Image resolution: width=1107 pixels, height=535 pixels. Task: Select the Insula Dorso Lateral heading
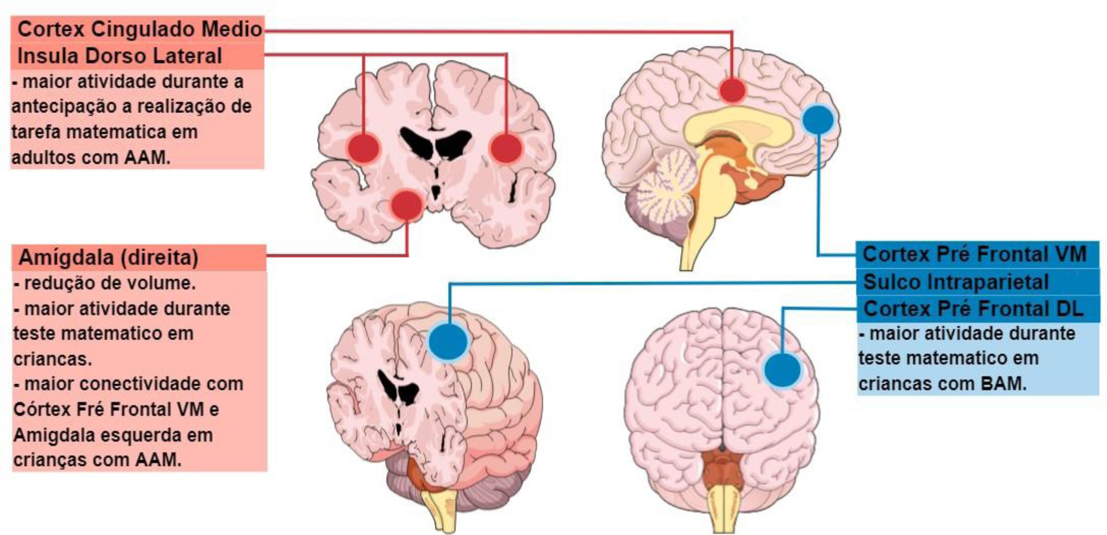coord(119,56)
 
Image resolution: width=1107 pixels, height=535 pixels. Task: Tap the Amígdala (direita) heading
coord(108,258)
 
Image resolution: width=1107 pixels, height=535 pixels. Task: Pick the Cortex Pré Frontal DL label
coord(973,308)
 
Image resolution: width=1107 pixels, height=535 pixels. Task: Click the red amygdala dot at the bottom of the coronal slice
coord(407,205)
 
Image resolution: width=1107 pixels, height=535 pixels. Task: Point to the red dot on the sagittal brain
coord(732,90)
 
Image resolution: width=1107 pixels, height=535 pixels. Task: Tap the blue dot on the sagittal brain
coord(818,119)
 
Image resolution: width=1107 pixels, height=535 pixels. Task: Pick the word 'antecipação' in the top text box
coord(64,107)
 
